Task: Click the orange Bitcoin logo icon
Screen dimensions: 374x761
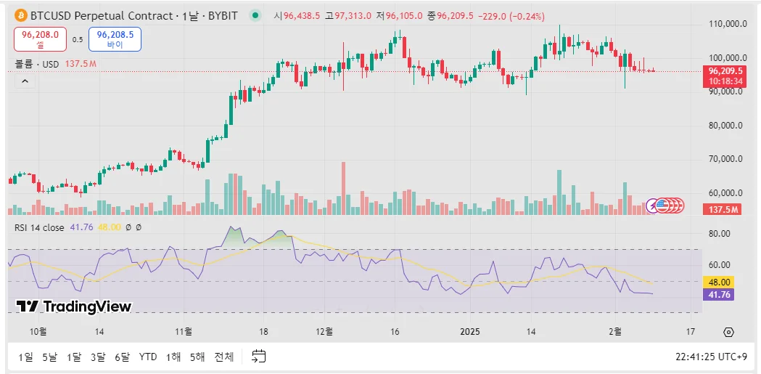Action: point(20,15)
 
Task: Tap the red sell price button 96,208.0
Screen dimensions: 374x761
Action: point(41,39)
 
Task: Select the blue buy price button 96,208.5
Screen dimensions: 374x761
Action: point(115,39)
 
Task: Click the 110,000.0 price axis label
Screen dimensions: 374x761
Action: point(727,24)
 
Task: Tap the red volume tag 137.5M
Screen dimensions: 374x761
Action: point(723,209)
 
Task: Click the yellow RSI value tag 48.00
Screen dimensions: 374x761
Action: point(719,282)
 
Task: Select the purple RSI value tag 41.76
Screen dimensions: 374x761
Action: point(719,294)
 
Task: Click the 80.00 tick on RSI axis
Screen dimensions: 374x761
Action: point(719,234)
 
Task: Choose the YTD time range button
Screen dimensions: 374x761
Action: point(148,357)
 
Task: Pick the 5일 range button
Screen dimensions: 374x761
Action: point(49,357)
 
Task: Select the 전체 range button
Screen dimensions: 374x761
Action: point(225,357)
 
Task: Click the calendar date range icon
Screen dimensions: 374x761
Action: point(259,356)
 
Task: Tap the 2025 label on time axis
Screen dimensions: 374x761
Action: point(470,332)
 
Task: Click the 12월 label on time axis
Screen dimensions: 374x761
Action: point(324,332)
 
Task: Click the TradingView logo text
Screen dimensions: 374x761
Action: point(73,306)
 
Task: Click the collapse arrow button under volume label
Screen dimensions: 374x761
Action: point(25,81)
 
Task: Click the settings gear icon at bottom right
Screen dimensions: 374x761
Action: point(728,332)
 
